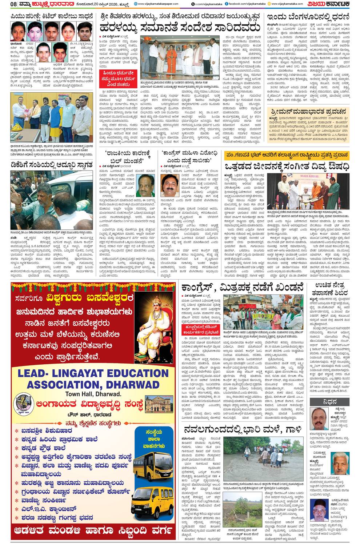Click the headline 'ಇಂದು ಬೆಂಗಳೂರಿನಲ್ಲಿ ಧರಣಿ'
[x=307, y=16]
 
